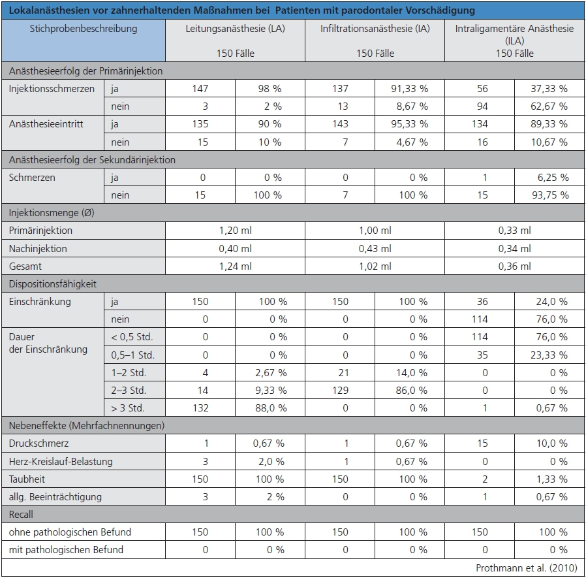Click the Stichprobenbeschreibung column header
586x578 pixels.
coord(83,29)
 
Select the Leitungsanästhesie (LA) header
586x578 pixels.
coord(235,29)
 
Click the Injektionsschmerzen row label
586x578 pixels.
coord(52,89)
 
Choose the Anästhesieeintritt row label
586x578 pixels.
coord(47,124)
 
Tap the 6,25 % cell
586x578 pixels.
coord(551,178)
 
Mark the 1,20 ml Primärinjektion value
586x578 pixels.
coord(235,231)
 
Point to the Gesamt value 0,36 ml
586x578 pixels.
coord(514,266)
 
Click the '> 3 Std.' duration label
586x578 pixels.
coord(129,408)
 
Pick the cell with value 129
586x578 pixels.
coord(339,391)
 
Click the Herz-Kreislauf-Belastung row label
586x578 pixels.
coord(61,461)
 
